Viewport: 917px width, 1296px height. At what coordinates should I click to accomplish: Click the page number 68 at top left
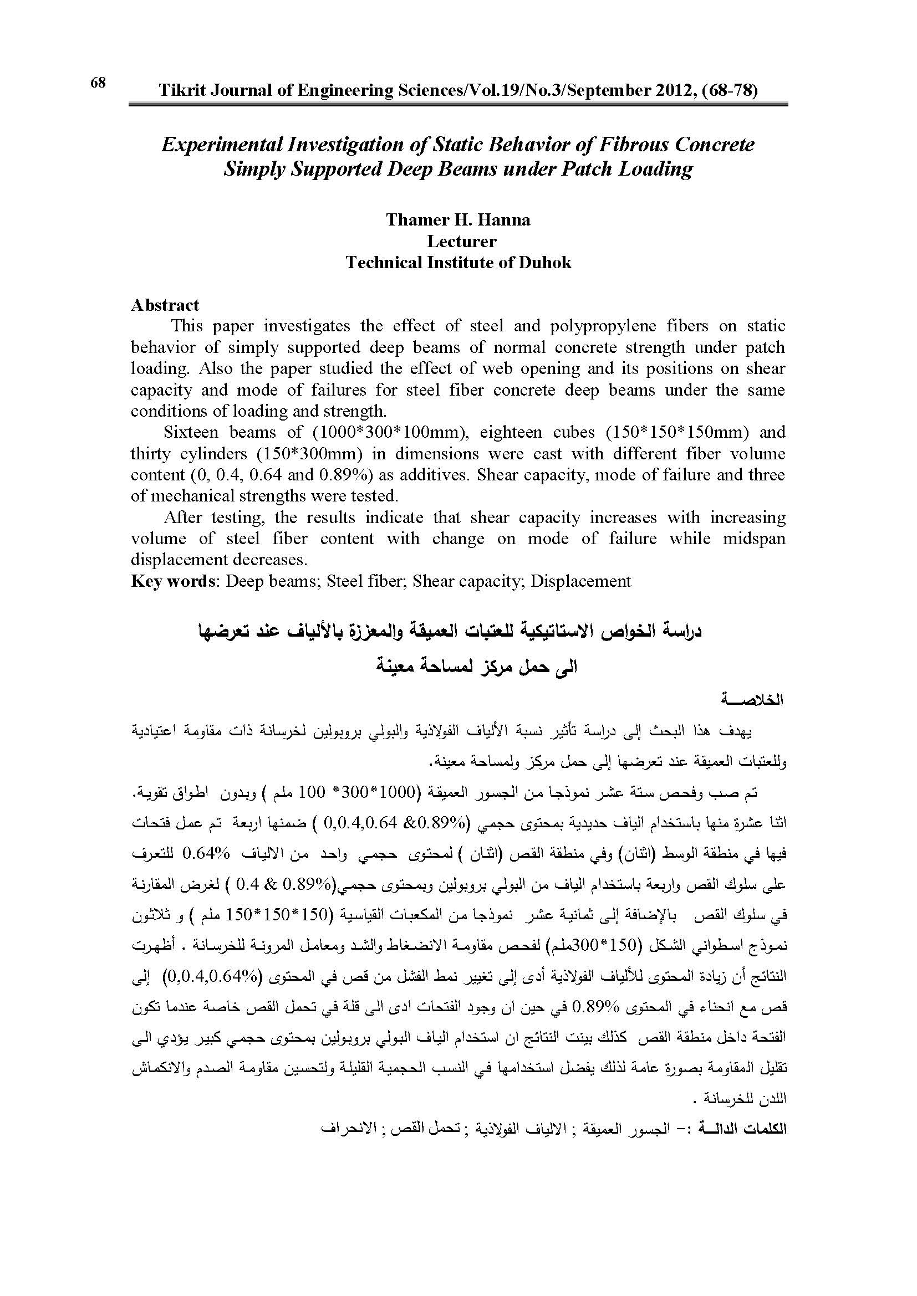coord(98,83)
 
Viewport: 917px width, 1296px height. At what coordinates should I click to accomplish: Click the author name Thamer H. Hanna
coord(458,219)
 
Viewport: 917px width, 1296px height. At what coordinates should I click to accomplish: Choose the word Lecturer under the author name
coord(461,241)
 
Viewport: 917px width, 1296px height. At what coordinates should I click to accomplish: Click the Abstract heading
coord(165,305)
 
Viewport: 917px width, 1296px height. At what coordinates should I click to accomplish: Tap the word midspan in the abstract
coord(754,539)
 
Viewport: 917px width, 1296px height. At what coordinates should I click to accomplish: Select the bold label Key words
coord(173,581)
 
